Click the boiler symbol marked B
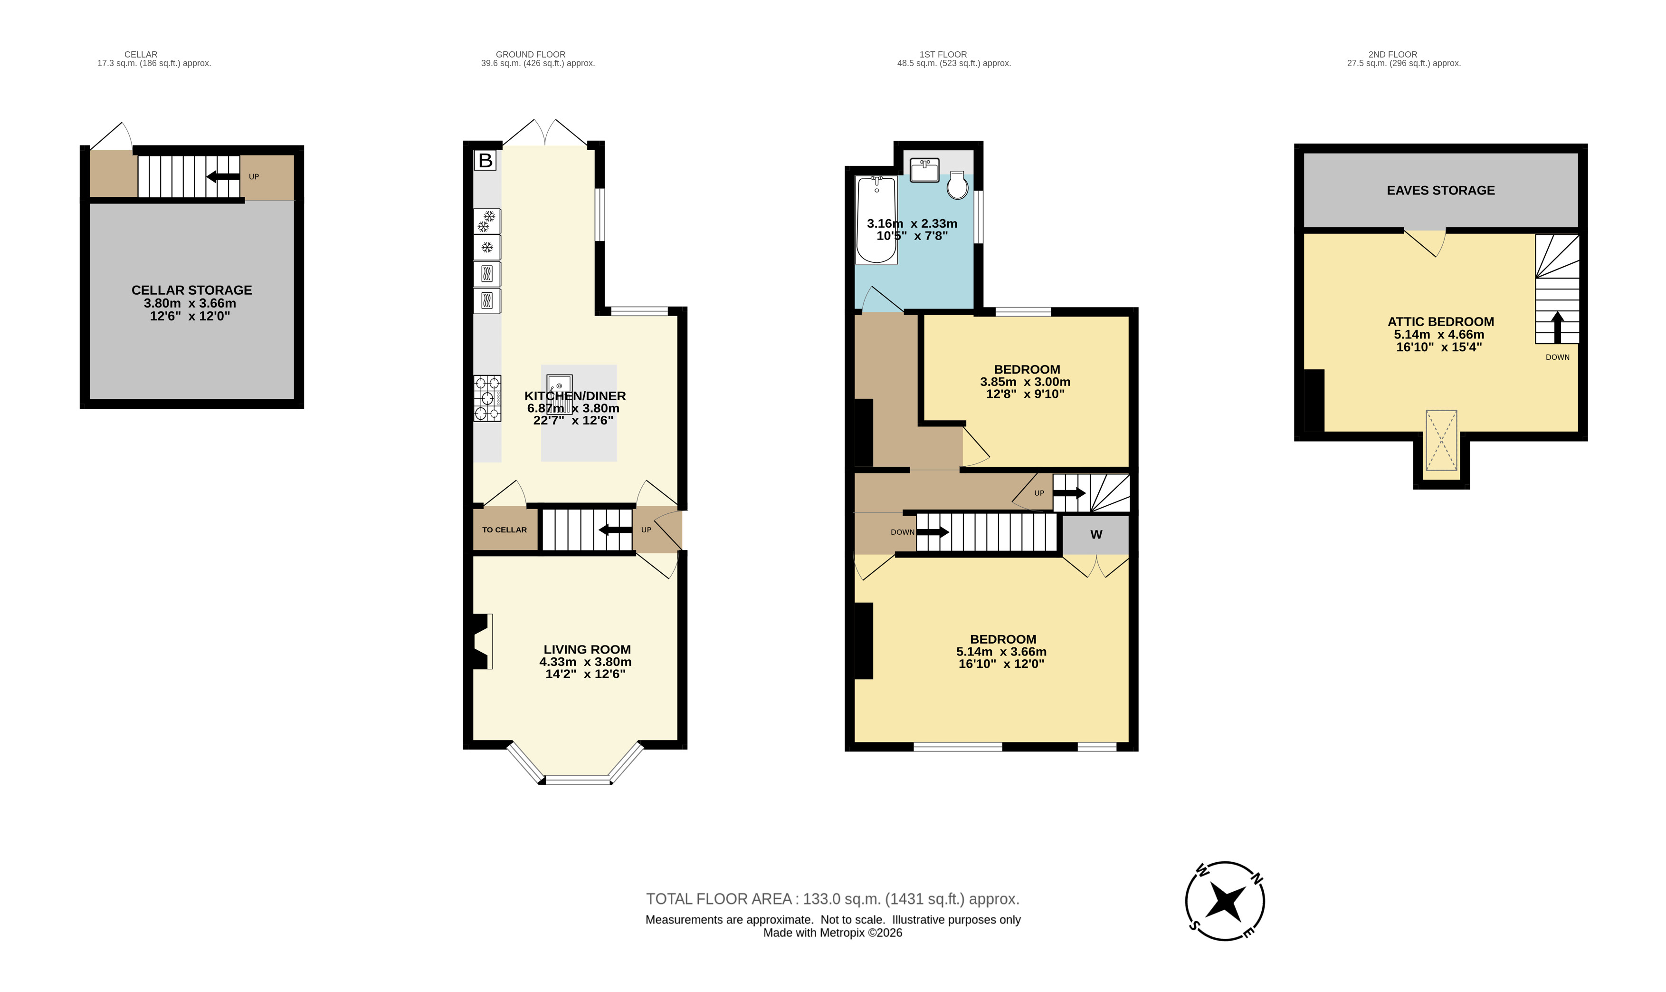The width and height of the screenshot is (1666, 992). pyautogui.click(x=486, y=161)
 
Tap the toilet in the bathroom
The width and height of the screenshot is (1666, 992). pyautogui.click(x=957, y=185)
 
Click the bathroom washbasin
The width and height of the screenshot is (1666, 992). pyautogui.click(x=924, y=170)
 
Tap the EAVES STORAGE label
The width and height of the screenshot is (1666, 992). pyautogui.click(x=1440, y=191)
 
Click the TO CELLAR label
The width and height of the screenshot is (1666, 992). pyautogui.click(x=505, y=530)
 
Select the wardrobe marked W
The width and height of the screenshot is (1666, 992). pyautogui.click(x=1095, y=535)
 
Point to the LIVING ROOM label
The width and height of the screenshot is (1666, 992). pyautogui.click(x=587, y=649)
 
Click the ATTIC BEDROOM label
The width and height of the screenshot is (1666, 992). pyautogui.click(x=1440, y=321)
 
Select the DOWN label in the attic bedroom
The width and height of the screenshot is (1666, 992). pyautogui.click(x=1557, y=357)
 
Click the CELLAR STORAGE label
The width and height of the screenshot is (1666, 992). pyautogui.click(x=192, y=290)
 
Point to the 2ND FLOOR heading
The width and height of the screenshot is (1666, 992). pyautogui.click(x=1392, y=55)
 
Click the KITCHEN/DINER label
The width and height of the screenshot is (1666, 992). pyautogui.click(x=574, y=396)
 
